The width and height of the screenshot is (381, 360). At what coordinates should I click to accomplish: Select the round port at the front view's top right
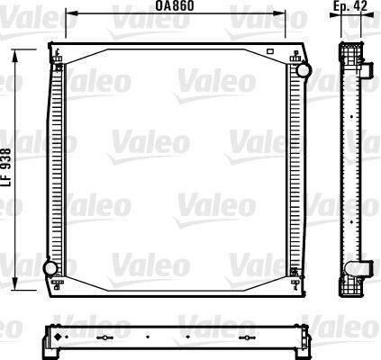pyautogui.click(x=302, y=69)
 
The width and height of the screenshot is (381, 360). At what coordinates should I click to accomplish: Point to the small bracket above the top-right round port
pyautogui.click(x=296, y=56)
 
